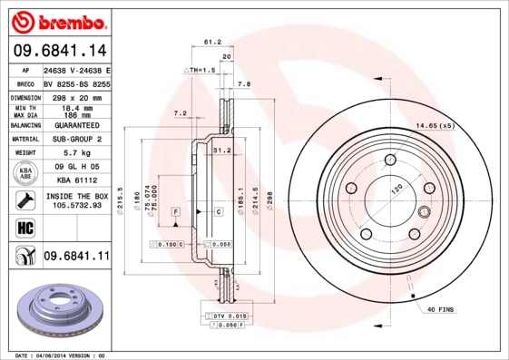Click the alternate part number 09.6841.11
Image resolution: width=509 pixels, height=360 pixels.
click(x=76, y=258)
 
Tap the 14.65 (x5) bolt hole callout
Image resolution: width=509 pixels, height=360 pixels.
click(x=434, y=125)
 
